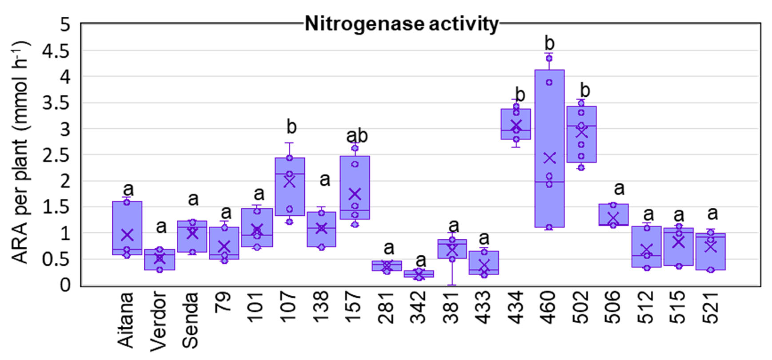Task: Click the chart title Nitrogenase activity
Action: (402, 24)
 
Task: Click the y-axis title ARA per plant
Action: (21, 153)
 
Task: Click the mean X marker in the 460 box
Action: (550, 158)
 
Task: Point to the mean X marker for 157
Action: (355, 194)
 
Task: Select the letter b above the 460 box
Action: (549, 44)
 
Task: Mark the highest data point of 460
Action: (549, 58)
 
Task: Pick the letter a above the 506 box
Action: (619, 189)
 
